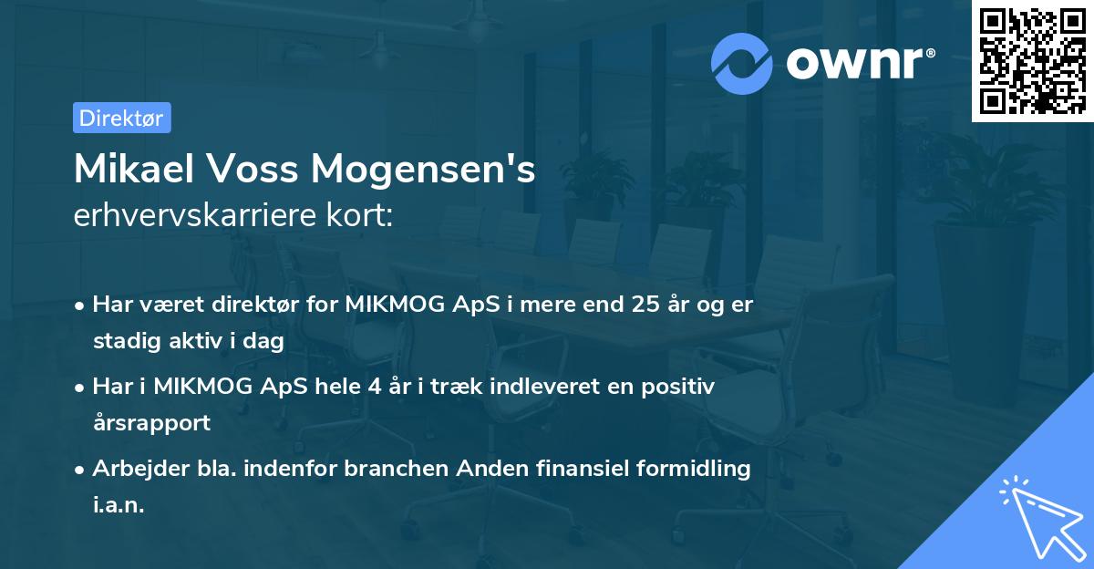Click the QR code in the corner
tap(1032, 61)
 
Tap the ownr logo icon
tap(743, 62)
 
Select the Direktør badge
tap(121, 118)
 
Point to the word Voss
tap(261, 171)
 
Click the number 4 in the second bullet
tap(374, 387)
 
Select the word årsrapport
tap(151, 423)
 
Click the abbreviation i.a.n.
tap(119, 505)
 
